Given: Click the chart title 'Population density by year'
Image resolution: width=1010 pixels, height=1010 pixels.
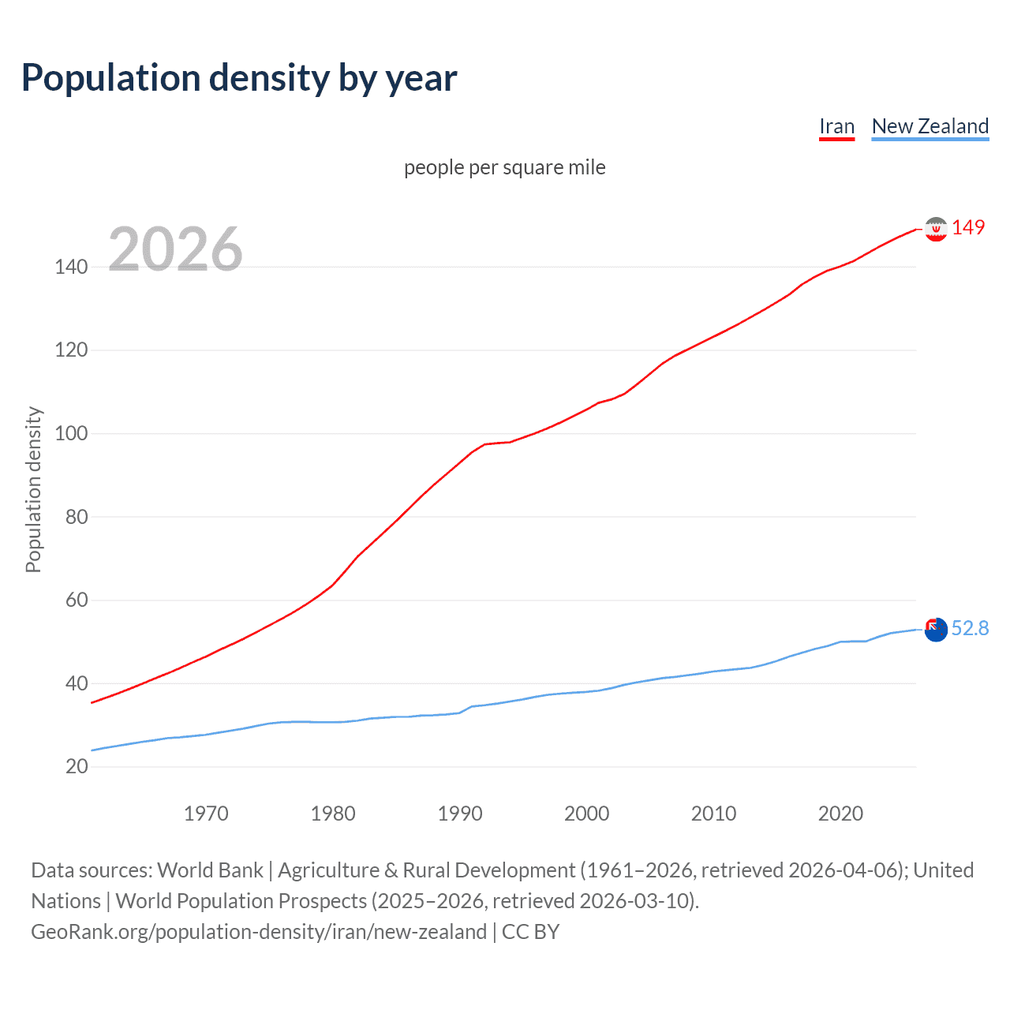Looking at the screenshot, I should click(239, 78).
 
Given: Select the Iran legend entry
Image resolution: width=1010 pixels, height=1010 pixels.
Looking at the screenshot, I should click(836, 126).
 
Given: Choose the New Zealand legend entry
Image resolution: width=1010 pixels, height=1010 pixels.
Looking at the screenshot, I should click(930, 126).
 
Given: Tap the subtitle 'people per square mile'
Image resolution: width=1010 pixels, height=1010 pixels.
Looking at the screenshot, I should click(504, 167).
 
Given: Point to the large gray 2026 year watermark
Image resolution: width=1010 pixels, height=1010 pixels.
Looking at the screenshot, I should click(175, 249).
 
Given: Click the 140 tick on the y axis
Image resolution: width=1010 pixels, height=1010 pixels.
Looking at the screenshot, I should click(71, 267).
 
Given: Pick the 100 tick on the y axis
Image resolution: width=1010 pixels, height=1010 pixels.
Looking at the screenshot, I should click(71, 433).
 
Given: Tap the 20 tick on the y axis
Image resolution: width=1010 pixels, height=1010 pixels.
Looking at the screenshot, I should click(77, 766).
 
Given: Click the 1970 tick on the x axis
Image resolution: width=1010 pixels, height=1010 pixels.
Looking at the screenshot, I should click(206, 814).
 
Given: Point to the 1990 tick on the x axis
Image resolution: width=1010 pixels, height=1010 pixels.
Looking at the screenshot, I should click(460, 814).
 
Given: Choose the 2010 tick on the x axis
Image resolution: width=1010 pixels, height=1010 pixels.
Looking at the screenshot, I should click(713, 814).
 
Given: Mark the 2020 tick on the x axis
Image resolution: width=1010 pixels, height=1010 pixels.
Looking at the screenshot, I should click(840, 814).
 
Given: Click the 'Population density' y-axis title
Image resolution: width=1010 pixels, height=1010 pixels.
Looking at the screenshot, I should click(33, 489).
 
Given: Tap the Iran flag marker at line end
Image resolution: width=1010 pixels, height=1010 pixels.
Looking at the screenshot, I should click(936, 229).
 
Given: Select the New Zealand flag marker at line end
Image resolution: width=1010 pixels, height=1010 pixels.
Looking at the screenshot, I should click(936, 630).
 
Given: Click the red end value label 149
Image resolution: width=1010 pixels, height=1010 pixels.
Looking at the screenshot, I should click(968, 227).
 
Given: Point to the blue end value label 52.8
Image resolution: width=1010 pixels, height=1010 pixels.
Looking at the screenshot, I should click(970, 628).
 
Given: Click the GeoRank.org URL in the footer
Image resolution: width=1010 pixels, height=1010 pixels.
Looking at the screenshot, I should click(259, 932).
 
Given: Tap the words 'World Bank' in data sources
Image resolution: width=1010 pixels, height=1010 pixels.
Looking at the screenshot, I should click(210, 870).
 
